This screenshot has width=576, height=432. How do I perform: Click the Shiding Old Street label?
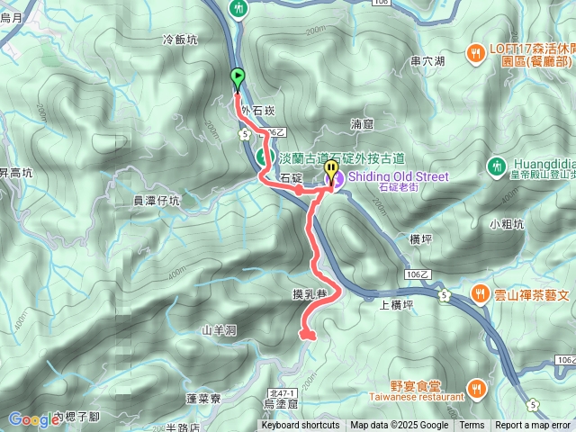(397, 176)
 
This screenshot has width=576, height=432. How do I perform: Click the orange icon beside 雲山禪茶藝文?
(481, 294)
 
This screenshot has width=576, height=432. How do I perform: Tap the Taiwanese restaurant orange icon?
(477, 389)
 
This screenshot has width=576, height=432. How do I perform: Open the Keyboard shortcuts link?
(301, 426)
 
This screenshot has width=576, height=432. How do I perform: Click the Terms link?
(472, 426)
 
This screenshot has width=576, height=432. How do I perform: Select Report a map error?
(532, 426)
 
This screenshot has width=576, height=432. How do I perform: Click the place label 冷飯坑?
(179, 40)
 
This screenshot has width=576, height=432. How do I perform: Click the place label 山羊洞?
(219, 330)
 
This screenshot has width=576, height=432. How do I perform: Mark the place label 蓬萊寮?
(203, 397)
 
